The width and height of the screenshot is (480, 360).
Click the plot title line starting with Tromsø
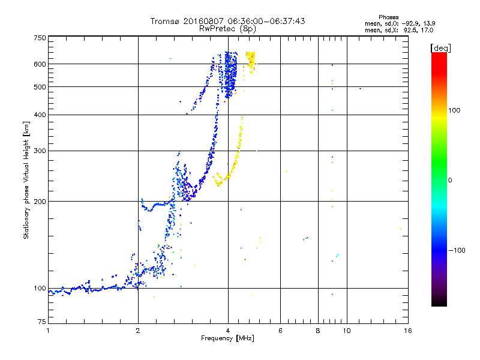(227, 21)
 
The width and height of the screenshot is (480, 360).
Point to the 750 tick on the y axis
(40, 37)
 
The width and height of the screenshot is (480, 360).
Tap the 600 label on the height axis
(40, 64)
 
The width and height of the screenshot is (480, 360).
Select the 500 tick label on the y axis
(40, 87)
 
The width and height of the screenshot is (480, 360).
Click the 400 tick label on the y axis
(40, 115)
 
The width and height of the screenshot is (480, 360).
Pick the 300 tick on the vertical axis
(40, 151)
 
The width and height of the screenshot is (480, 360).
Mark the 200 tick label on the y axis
(40, 202)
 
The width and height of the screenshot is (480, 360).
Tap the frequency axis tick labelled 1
(48, 330)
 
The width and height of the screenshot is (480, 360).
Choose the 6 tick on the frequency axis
(280, 330)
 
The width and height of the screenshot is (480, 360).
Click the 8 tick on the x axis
(318, 330)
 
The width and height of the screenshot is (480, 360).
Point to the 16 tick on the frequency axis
(407, 330)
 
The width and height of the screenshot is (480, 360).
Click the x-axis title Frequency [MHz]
(227, 339)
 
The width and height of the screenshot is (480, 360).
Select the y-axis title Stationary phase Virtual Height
(26, 181)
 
